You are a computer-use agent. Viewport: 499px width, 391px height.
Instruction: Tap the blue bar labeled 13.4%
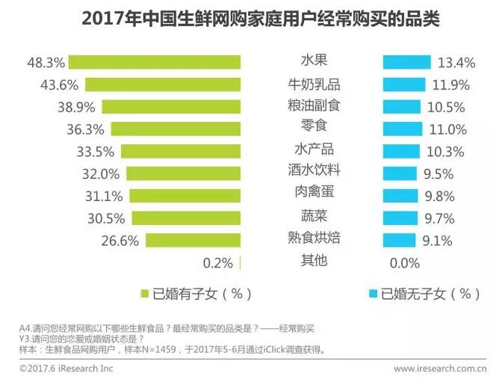point(406,61)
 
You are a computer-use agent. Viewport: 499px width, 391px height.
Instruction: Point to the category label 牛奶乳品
point(313,82)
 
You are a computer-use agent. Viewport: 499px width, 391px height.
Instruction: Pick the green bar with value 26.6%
point(193,241)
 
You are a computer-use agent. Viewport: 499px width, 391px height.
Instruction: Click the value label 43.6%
point(62,84)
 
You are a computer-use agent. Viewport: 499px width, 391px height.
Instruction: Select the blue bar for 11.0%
point(402,129)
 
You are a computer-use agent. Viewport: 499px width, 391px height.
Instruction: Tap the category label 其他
point(313,261)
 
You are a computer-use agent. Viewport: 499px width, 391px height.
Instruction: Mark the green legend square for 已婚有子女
point(144,294)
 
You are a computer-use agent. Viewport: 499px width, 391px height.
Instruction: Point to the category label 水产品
point(313,148)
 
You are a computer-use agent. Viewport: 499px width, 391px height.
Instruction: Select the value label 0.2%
point(218,263)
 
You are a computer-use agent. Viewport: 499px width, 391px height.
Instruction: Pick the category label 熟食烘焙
point(313,238)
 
